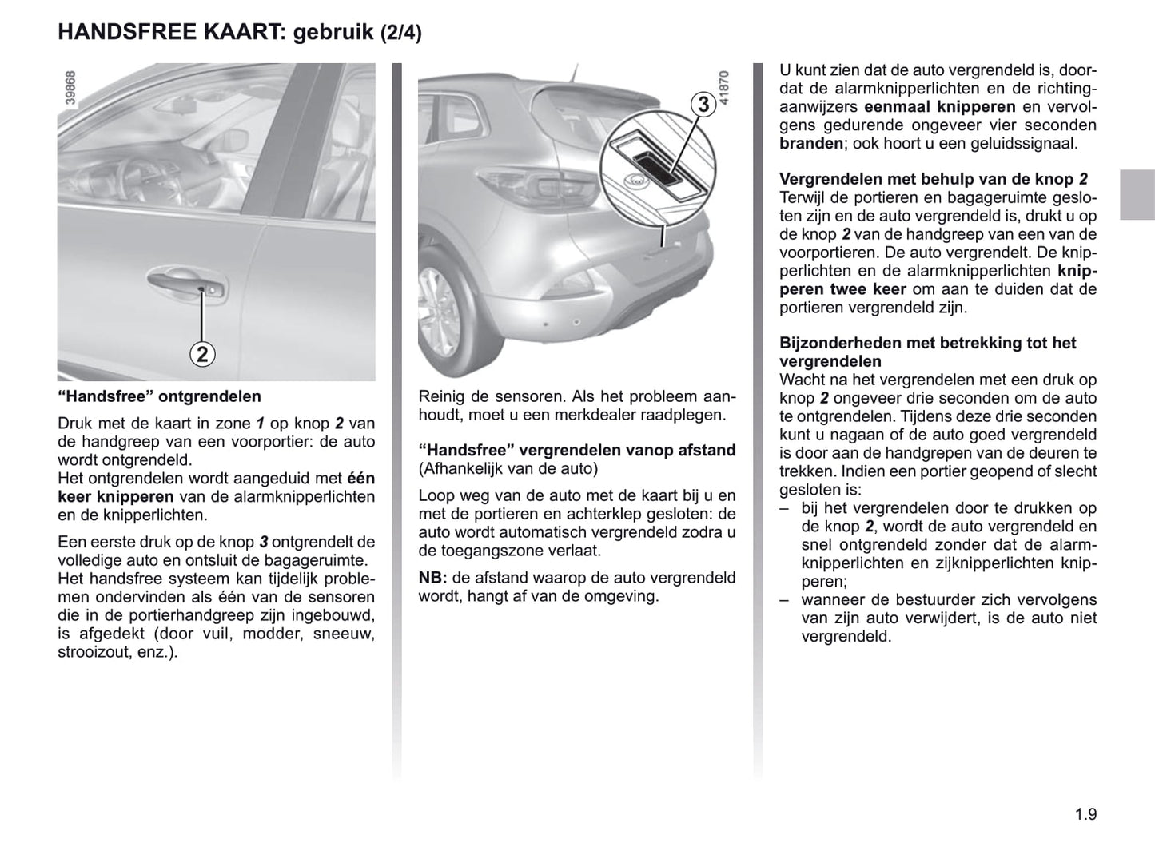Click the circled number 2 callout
(x=202, y=353)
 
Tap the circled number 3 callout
(x=703, y=105)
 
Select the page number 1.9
(x=1085, y=814)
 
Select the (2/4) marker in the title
(x=400, y=33)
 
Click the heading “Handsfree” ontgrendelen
(x=159, y=396)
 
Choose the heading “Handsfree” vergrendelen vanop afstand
(x=577, y=451)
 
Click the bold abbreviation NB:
(x=432, y=578)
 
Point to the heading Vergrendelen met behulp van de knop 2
(x=934, y=180)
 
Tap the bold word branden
(x=811, y=144)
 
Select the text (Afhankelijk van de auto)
(x=508, y=469)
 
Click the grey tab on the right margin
(x=1137, y=194)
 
